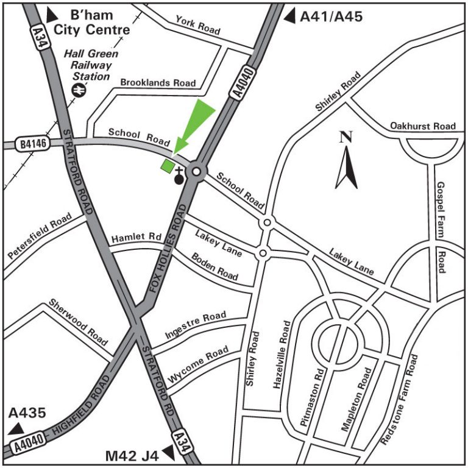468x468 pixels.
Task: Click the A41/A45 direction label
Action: click(331, 16)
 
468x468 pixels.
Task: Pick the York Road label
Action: click(198, 25)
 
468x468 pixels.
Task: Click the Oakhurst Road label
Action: click(423, 126)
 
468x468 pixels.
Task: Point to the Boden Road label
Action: click(214, 266)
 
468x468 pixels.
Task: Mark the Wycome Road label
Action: click(198, 365)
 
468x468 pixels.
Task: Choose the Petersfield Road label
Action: click(40, 237)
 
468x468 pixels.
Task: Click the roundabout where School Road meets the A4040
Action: click(196, 172)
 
